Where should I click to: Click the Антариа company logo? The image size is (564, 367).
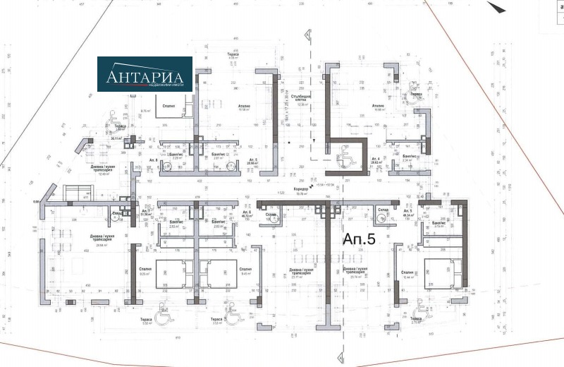pos(145,75)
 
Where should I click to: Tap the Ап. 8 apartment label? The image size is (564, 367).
pos(154,160)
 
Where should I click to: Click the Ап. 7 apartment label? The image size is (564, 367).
pos(146,212)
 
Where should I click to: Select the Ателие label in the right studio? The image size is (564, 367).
pos(378,106)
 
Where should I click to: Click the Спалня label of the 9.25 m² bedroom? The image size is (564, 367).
pos(145,269)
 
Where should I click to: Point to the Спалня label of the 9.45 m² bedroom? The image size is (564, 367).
pos(245,269)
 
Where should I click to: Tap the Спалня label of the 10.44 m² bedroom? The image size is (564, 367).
pos(407,272)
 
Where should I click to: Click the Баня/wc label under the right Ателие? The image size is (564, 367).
pos(407,155)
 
